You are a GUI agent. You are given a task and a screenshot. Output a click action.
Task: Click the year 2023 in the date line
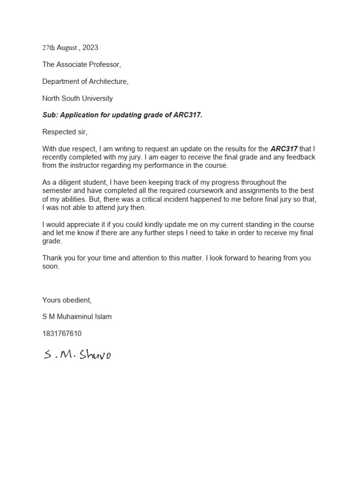pos(90,47)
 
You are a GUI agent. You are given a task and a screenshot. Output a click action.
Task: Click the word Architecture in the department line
pos(107,82)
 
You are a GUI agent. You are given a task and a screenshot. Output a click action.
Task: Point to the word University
pos(97,98)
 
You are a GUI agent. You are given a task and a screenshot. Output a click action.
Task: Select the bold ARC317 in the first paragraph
pos(284,149)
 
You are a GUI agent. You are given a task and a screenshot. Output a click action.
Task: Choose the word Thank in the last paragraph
pos(52,258)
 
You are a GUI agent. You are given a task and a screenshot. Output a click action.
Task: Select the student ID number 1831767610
pos(62,334)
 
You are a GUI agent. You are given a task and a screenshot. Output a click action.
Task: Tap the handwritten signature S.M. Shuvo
pos(77,355)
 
